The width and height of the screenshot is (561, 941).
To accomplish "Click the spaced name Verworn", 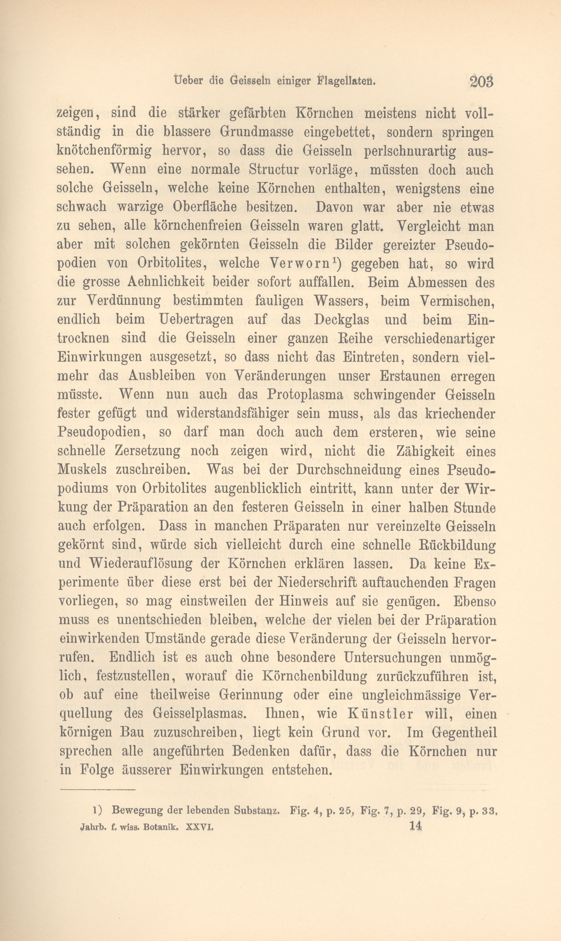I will pyautogui.click(x=305, y=264).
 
